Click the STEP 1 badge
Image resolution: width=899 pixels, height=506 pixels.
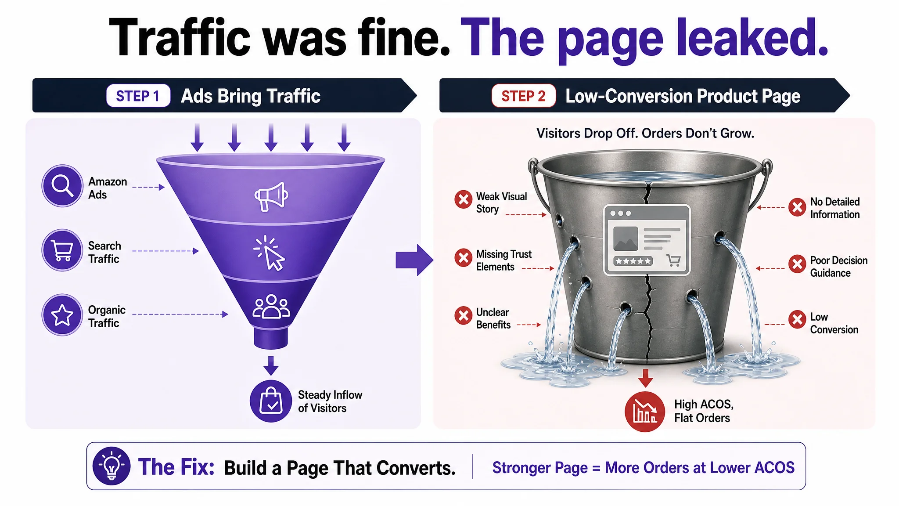tap(138, 96)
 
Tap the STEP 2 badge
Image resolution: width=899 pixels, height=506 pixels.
tap(523, 96)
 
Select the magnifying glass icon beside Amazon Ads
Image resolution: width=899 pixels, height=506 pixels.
tap(62, 186)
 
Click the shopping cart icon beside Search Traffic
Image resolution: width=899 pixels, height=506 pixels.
tap(62, 250)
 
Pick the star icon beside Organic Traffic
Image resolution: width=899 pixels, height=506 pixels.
tap(62, 315)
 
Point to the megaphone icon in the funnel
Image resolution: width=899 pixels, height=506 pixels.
tap(271, 196)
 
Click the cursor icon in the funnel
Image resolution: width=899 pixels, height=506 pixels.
tap(270, 253)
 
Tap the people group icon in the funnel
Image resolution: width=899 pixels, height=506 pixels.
tap(271, 307)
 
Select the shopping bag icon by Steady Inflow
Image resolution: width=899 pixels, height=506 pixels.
tap(271, 401)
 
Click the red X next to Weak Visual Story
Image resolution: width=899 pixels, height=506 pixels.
tap(463, 199)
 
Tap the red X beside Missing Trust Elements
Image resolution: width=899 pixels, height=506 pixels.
tap(463, 258)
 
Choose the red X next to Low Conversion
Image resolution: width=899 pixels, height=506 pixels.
tap(797, 320)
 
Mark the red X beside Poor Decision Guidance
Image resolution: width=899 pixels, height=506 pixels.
tap(797, 264)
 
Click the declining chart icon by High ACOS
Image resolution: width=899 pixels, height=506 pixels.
tap(645, 412)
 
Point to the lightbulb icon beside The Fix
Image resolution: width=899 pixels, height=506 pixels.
tap(111, 466)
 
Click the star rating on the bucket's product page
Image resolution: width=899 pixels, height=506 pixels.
tap(633, 261)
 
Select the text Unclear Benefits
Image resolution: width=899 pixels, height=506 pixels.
tap(493, 318)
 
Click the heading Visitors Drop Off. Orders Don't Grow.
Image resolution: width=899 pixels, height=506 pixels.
tap(645, 133)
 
